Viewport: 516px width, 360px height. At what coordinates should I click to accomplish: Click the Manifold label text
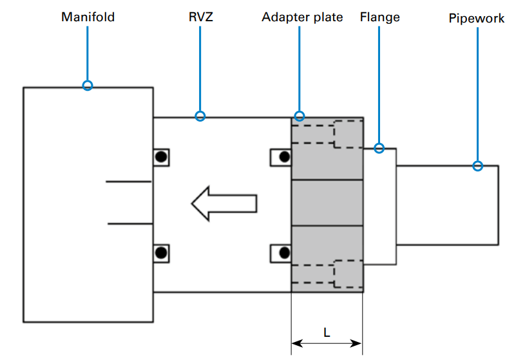click(x=88, y=17)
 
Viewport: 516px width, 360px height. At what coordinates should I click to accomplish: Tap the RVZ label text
click(x=201, y=17)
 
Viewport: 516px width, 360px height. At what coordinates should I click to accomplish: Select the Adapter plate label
click(x=302, y=17)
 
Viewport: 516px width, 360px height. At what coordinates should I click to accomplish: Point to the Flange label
click(x=380, y=17)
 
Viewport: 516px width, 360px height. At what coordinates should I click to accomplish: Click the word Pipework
click(x=477, y=18)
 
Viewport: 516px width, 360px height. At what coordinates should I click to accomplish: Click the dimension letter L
click(x=327, y=333)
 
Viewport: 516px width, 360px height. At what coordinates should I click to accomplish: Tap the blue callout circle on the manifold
click(x=88, y=86)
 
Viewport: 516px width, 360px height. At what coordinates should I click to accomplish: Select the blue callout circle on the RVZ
click(x=200, y=116)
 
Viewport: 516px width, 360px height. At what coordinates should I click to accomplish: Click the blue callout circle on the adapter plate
click(x=300, y=116)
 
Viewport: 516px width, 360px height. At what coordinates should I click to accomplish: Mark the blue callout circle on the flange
click(x=379, y=148)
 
